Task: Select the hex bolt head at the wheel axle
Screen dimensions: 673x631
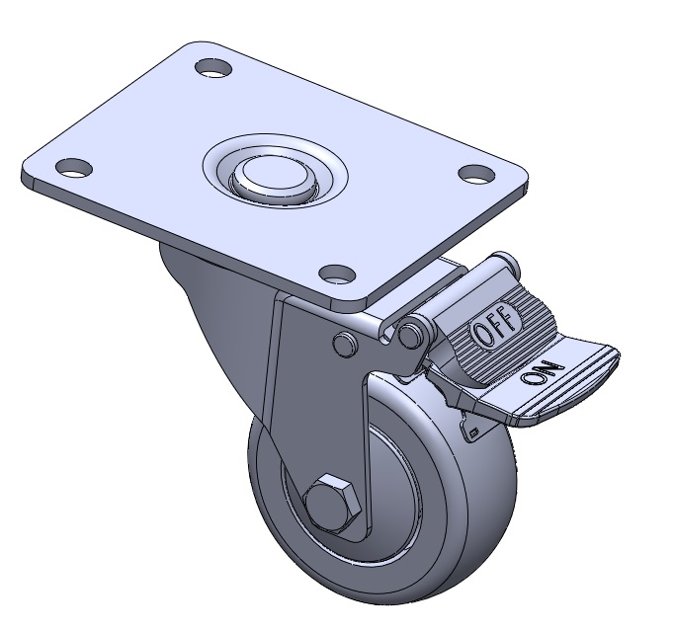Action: (x=331, y=503)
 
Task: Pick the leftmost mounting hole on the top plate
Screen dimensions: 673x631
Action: (x=74, y=167)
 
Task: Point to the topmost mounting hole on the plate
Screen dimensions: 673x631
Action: (x=213, y=68)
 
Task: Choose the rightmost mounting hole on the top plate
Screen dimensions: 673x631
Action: (x=476, y=174)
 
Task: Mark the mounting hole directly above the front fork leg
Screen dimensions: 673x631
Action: (x=338, y=275)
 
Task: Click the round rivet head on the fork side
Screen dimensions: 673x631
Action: (x=345, y=344)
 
